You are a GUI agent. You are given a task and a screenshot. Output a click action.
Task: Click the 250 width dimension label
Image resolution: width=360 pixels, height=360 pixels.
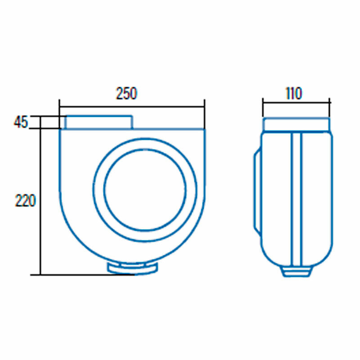pos(126,94)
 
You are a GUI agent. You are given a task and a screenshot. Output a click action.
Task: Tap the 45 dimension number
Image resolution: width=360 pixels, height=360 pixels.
pos(21,122)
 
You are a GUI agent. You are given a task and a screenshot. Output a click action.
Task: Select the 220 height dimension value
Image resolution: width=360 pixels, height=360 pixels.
pos(25,201)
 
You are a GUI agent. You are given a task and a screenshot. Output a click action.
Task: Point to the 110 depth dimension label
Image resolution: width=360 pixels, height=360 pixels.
pos(293,94)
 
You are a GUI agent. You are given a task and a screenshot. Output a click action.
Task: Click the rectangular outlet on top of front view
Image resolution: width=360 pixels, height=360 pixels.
pos(99,122)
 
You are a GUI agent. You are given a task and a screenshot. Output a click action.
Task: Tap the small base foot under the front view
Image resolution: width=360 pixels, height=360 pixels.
pos(133,268)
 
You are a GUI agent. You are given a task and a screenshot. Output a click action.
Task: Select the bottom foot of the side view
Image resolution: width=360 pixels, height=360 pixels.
pos(296,271)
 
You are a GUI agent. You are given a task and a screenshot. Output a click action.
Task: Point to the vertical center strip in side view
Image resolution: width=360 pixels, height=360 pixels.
pos(296,198)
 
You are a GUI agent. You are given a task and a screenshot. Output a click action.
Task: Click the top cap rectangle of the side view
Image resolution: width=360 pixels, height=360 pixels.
pos(296,124)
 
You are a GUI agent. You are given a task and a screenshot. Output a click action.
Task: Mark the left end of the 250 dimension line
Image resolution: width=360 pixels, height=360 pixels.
pos(59,107)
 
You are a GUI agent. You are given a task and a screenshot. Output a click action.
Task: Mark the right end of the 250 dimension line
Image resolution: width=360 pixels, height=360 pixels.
pos(204,107)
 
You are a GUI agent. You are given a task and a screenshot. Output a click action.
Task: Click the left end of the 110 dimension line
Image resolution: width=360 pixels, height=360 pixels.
pos(263,102)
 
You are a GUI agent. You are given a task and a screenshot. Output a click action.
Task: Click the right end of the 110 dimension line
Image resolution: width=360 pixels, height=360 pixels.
pos(330,102)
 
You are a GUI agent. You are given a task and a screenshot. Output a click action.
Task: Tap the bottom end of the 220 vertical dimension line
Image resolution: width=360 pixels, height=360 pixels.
pos(40,274)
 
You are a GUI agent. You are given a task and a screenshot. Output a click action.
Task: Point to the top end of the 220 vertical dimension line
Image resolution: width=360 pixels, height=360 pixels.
pos(40,116)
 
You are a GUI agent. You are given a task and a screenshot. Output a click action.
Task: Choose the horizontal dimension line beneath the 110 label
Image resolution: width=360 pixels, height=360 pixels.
pos(296,102)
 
